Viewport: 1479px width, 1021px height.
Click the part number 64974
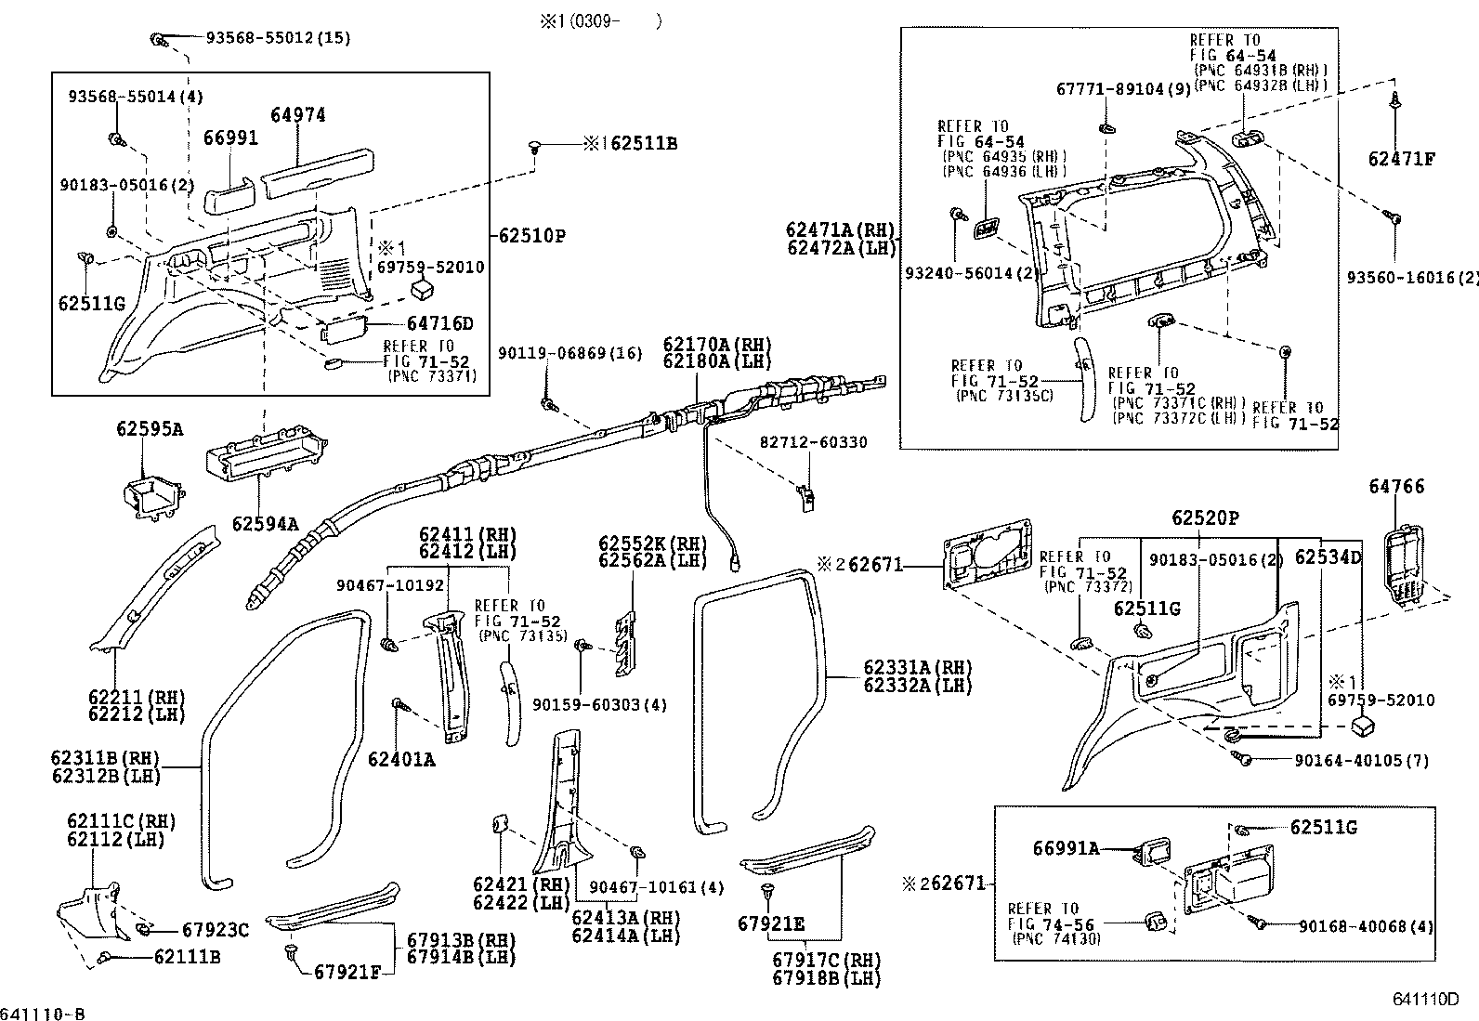click(298, 115)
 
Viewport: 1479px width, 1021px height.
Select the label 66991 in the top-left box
click(230, 137)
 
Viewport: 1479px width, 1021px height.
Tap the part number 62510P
click(532, 236)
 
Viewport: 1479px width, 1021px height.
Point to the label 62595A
click(150, 429)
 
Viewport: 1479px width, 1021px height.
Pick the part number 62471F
click(1401, 159)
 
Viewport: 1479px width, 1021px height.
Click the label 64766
click(1396, 487)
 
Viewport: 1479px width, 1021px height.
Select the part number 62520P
click(1205, 518)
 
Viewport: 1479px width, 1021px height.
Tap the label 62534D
click(1328, 557)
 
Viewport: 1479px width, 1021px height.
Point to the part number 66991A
click(1067, 848)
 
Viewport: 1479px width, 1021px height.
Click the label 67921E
click(771, 924)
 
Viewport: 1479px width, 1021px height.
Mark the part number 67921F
click(347, 972)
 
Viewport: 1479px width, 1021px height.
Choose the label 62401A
click(401, 760)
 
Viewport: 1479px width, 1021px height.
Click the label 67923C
click(216, 930)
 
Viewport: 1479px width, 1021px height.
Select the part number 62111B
click(187, 956)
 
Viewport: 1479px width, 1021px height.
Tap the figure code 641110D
click(1424, 1000)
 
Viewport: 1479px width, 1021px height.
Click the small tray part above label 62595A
click(151, 496)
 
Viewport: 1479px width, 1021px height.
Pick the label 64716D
click(439, 324)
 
